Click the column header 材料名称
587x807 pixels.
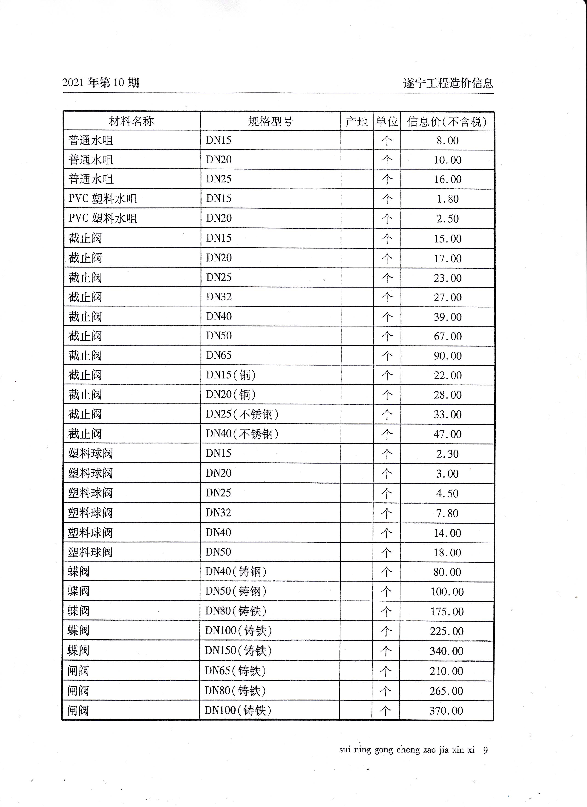131,121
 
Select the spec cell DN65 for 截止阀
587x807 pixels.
219,355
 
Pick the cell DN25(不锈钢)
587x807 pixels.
242,414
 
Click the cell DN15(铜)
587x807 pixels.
230,375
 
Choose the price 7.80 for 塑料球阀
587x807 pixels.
447,513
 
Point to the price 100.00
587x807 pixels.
447,592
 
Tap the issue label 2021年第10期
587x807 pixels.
101,83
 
